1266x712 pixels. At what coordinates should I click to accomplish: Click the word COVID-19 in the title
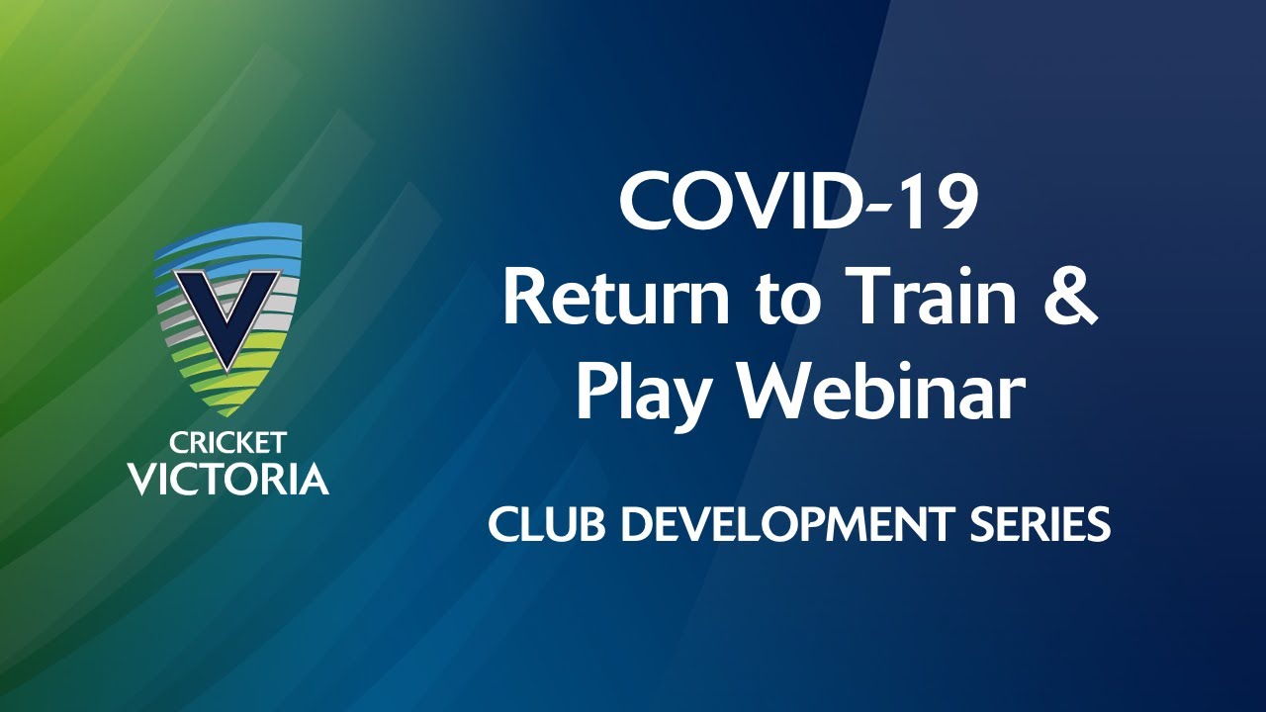pos(798,203)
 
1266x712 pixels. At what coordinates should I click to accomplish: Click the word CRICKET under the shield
pos(227,443)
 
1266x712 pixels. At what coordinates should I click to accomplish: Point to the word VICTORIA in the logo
pos(227,480)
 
